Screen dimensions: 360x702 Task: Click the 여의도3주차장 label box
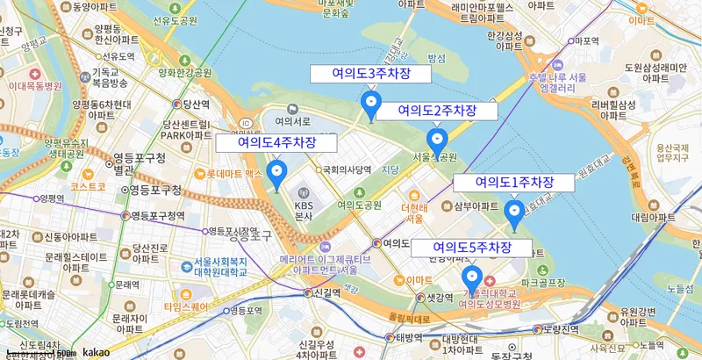(x=371, y=73)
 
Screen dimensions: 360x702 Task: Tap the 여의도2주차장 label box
(x=437, y=111)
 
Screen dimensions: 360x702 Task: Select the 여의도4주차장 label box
(x=276, y=142)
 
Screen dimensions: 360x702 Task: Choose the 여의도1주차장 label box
(x=514, y=183)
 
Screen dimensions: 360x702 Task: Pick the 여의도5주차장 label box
(x=472, y=248)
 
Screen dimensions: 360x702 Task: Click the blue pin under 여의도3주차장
(x=371, y=105)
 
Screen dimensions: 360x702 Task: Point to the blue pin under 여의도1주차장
(x=514, y=212)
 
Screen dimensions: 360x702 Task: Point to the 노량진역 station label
(x=562, y=329)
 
